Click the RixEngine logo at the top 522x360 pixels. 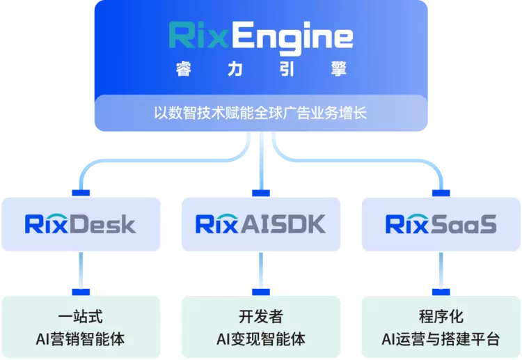pyautogui.click(x=261, y=38)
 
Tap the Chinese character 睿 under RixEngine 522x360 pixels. pyautogui.click(x=184, y=69)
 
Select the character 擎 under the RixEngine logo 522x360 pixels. pyautogui.click(x=338, y=69)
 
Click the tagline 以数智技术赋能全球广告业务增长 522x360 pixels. pyautogui.click(x=260, y=113)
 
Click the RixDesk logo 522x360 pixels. pyautogui.click(x=80, y=224)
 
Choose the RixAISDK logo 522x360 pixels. pyautogui.click(x=261, y=224)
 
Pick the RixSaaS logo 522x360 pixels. pyautogui.click(x=441, y=224)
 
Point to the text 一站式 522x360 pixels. pyautogui.click(x=81, y=316)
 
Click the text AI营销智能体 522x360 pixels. pyautogui.click(x=80, y=339)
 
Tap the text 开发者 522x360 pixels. pyautogui.click(x=261, y=316)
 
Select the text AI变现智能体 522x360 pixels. pyautogui.click(x=261, y=339)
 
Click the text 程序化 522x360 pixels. pyautogui.click(x=441, y=316)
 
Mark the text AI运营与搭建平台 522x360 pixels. pyautogui.click(x=441, y=339)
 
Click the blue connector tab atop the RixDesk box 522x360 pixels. pyautogui.click(x=81, y=193)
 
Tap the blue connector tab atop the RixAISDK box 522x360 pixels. pyautogui.click(x=261, y=193)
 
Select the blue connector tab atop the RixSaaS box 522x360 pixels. pyautogui.click(x=441, y=193)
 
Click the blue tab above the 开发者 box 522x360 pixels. pyautogui.click(x=261, y=292)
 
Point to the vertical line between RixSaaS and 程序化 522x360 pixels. pyautogui.click(x=441, y=270)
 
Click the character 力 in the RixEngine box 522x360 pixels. pyautogui.click(x=235, y=69)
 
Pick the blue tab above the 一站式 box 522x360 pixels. pyautogui.click(x=81, y=292)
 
